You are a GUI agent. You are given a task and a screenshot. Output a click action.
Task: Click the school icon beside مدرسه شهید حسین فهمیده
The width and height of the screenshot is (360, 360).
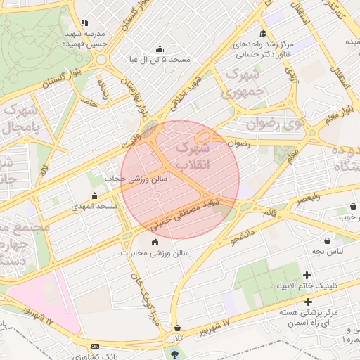(85, 22)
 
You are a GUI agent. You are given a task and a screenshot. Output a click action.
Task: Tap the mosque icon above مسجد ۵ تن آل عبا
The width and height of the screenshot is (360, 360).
(160, 49)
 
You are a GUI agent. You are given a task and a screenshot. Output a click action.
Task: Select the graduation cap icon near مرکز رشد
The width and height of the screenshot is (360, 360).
(263, 33)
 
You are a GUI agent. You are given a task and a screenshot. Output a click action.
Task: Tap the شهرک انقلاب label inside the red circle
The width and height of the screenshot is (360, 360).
(191, 156)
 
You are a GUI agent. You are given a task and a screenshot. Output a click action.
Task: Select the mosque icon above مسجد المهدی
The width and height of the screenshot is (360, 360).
(95, 195)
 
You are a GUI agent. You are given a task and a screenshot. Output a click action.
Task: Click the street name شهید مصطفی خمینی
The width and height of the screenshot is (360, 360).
(186, 214)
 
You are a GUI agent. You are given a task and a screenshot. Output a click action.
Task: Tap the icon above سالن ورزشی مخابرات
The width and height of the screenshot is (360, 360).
(155, 242)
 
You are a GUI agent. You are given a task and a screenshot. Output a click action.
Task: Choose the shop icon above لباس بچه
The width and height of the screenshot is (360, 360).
(328, 240)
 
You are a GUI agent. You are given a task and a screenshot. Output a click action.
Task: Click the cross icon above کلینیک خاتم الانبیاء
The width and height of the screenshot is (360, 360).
(307, 274)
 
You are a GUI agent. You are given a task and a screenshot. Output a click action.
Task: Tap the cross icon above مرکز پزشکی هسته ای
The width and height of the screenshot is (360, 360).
(308, 300)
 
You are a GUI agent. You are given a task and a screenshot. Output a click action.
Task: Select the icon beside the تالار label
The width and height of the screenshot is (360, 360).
(177, 328)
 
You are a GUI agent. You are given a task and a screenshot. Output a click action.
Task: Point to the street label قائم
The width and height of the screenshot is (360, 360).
(269, 212)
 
